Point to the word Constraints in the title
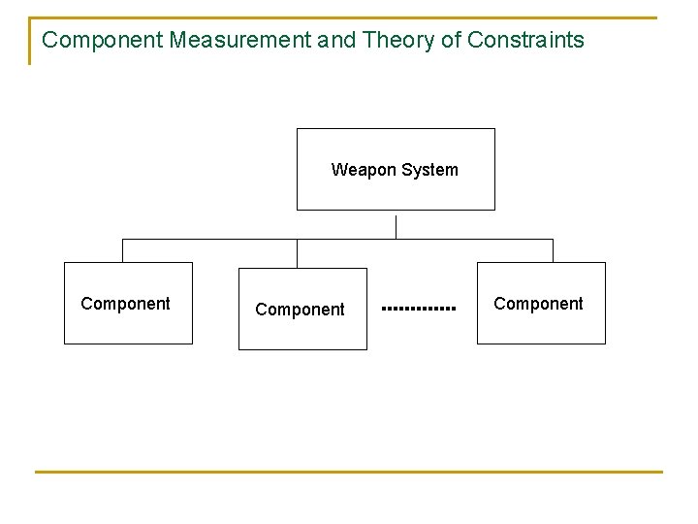(525, 40)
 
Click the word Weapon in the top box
(363, 170)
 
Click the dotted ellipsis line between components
(419, 309)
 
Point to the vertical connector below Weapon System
(397, 226)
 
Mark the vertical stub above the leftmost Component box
(123, 250)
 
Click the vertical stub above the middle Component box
(298, 253)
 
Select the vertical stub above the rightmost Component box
(553, 250)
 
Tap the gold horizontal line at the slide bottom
(349, 473)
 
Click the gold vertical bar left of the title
(30, 41)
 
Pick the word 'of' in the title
(448, 40)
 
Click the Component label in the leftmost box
(125, 304)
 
